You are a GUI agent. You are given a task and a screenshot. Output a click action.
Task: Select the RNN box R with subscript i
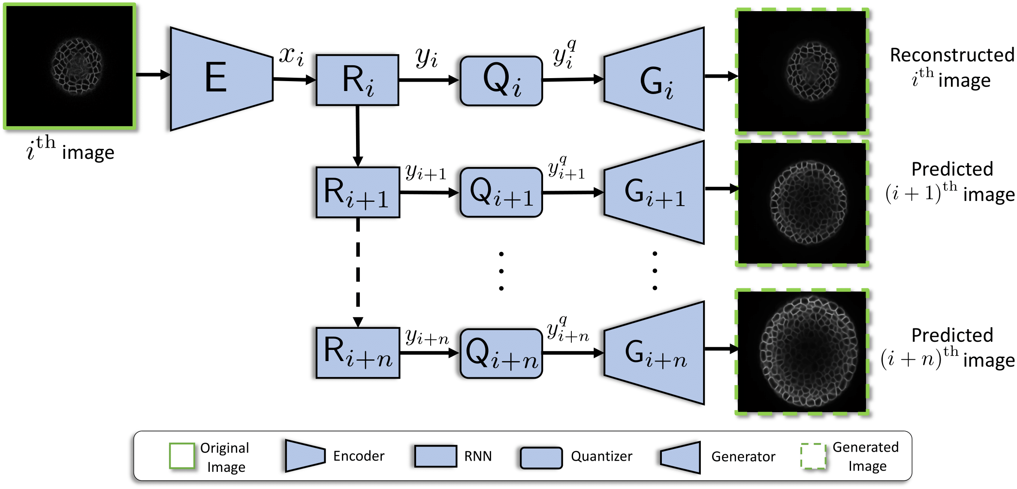[x=357, y=80]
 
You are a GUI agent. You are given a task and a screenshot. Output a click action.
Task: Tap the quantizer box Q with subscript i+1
[x=501, y=192]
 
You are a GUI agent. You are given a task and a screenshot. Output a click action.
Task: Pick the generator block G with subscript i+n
[x=655, y=353]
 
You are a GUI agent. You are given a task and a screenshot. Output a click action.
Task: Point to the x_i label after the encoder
[x=292, y=56]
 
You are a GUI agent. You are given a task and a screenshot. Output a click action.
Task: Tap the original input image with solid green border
[x=70, y=67]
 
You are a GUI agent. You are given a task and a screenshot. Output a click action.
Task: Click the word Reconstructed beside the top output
[x=952, y=55]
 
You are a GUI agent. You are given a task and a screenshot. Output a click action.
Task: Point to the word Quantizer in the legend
[x=601, y=456]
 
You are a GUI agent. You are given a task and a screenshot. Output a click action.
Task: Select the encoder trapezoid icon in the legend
[x=305, y=456]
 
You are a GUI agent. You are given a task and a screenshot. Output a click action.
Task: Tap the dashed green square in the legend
[x=813, y=456]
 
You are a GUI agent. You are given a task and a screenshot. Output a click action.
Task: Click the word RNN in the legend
[x=478, y=456]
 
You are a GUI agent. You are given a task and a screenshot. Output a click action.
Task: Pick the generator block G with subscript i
[x=655, y=80]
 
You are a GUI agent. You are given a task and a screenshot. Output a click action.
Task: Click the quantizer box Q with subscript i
[x=501, y=81]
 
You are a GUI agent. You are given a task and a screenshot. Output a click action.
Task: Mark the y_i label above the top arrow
[x=426, y=58]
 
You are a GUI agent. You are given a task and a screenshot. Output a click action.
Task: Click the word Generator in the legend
[x=743, y=457]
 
